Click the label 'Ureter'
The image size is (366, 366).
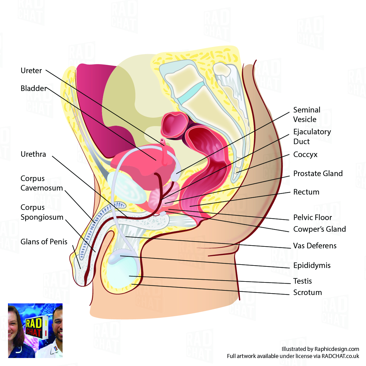pyautogui.click(x=31, y=71)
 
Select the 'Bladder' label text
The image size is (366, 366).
pyautogui.click(x=33, y=89)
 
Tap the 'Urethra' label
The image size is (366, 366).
pyautogui.click(x=33, y=154)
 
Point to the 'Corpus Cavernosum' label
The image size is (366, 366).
pyautogui.click(x=41, y=183)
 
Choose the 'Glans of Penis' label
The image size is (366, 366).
pyautogui.click(x=44, y=242)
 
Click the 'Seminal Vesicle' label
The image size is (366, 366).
pyautogui.click(x=306, y=115)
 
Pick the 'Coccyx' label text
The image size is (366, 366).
pyautogui.click(x=305, y=155)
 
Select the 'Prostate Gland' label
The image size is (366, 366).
pyautogui.click(x=318, y=174)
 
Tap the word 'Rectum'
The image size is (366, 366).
pyautogui.click(x=306, y=192)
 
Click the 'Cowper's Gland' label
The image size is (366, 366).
pyautogui.click(x=319, y=229)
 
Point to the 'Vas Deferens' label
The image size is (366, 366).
pyautogui.click(x=315, y=246)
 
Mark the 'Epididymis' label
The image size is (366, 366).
pyautogui.click(x=312, y=266)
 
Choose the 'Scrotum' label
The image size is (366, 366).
pyautogui.click(x=307, y=293)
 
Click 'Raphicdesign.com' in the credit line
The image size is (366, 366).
pyautogui.click(x=336, y=349)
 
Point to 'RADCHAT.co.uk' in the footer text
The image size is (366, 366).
pyautogui.click(x=340, y=356)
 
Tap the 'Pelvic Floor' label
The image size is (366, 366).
pyautogui.click(x=313, y=218)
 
